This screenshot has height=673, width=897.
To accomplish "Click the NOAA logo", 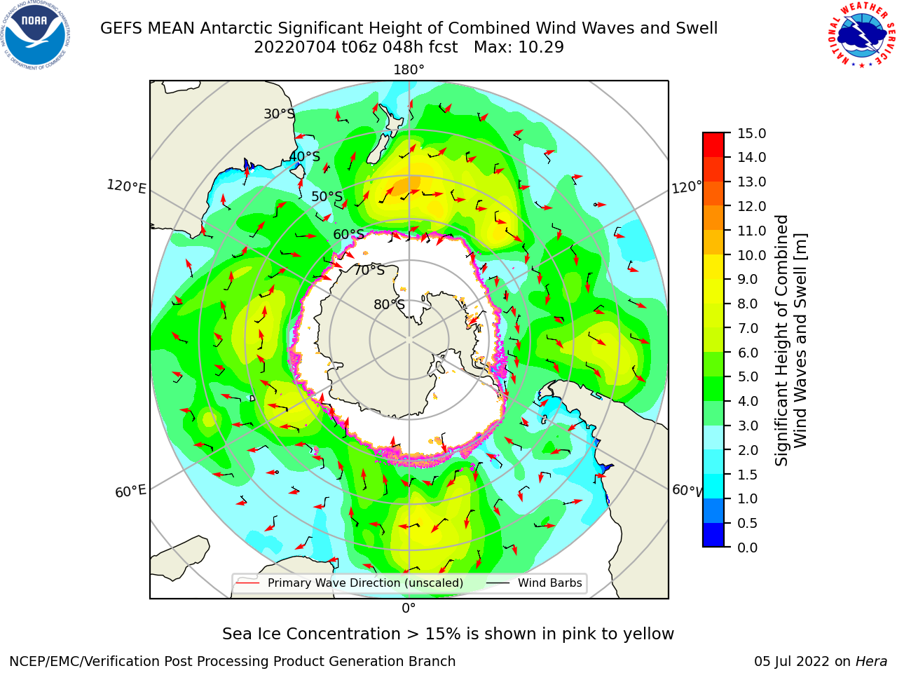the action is (x=36, y=36).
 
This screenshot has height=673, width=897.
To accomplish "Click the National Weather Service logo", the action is (x=861, y=34).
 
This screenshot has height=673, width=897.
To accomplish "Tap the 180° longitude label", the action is (x=409, y=70).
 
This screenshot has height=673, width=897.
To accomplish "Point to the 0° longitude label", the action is (x=409, y=609).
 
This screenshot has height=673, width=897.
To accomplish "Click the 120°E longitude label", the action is (x=126, y=186).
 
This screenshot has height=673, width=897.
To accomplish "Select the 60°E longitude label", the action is (x=130, y=491).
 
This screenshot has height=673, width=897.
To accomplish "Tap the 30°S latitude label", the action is (x=279, y=114).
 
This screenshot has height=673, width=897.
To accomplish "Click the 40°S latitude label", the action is (x=305, y=156).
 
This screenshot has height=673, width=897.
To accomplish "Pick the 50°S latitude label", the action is (x=327, y=196).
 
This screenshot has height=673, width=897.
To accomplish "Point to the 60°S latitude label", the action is (x=348, y=235).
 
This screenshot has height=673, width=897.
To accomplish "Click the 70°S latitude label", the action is (x=369, y=271).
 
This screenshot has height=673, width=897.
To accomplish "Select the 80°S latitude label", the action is (x=389, y=305).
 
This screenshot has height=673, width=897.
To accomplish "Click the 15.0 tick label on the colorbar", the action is (x=751, y=134).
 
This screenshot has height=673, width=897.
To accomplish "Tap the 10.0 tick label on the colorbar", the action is (x=751, y=255).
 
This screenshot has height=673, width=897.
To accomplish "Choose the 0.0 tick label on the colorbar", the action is (x=748, y=548).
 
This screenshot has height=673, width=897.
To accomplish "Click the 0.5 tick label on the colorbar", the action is (x=748, y=524).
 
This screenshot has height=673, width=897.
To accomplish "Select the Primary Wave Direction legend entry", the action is (x=350, y=583).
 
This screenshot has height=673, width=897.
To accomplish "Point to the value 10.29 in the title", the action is (x=541, y=48).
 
